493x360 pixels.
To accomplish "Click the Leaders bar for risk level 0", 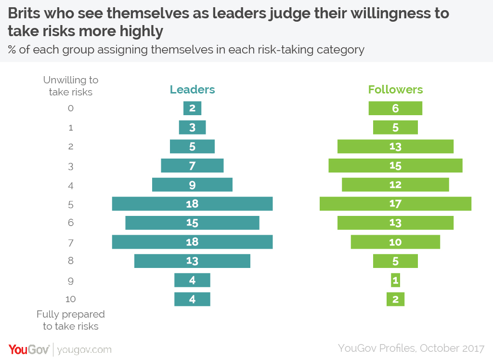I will (192, 108).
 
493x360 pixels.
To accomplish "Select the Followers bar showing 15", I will (395, 165).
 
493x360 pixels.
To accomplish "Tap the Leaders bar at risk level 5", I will (192, 204).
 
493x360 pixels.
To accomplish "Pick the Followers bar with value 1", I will (395, 280).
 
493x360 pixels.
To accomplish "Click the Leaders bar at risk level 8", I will (192, 261).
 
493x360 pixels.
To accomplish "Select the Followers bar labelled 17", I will (395, 204).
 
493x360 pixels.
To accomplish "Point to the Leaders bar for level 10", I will (192, 299).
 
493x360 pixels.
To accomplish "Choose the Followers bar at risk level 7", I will (395, 242).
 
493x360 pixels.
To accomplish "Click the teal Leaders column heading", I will (192, 90).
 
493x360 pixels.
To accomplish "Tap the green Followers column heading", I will (395, 90).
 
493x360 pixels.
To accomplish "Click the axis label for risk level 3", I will (71, 166).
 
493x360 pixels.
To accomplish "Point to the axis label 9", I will (71, 281).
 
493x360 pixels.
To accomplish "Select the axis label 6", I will (71, 223).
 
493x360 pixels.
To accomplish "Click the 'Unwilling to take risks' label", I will (71, 86).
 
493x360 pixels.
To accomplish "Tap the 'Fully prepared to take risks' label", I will (71, 320).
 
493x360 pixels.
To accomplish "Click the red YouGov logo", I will (28, 349).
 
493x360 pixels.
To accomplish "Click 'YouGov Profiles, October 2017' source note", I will (411, 348).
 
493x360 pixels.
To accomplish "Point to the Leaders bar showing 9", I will (192, 185).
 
